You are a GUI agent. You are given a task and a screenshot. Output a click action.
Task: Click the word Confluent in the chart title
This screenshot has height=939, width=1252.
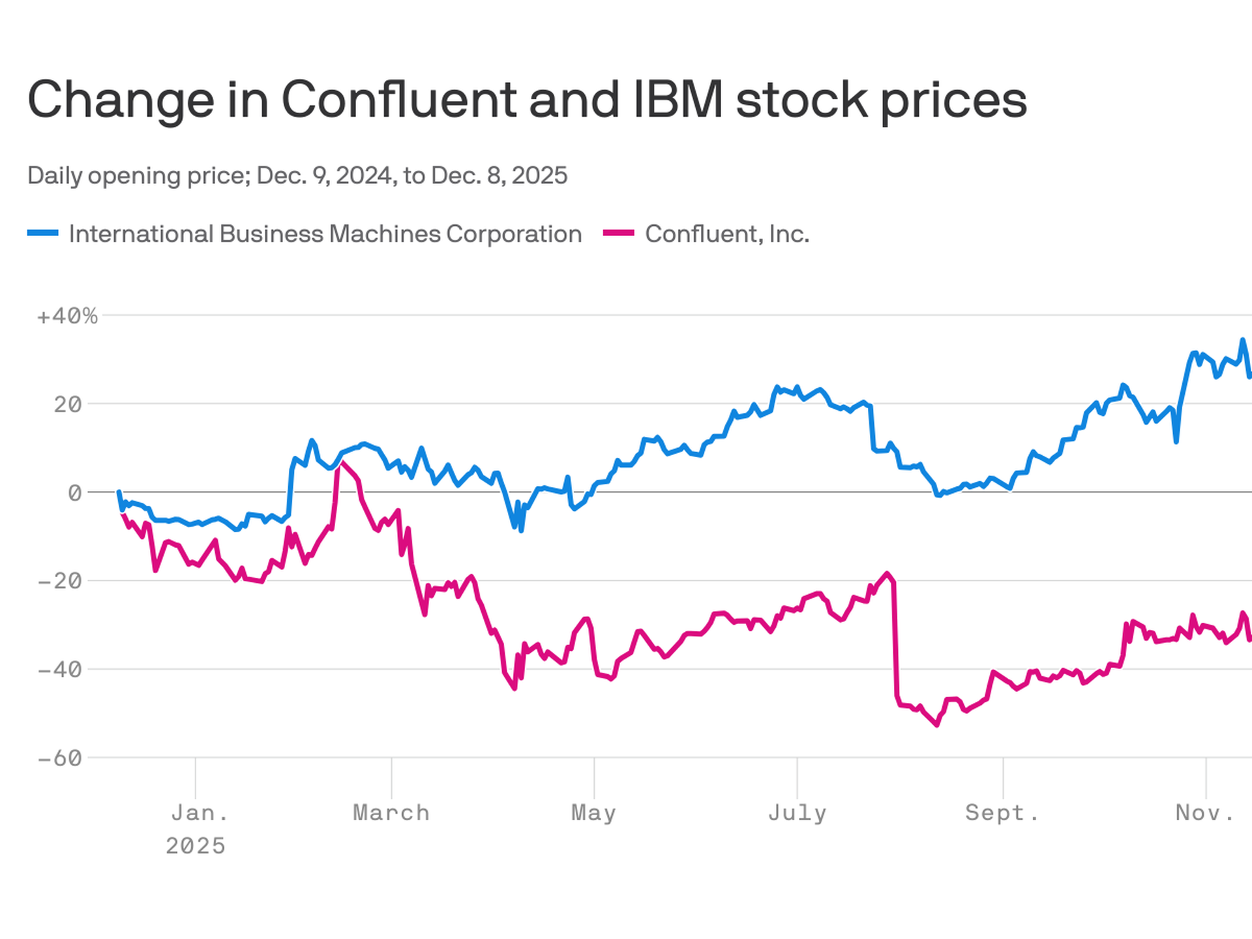398,100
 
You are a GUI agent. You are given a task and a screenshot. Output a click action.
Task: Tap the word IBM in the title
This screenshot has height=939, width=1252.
678,100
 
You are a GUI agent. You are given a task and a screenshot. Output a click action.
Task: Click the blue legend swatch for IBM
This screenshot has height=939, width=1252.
43,233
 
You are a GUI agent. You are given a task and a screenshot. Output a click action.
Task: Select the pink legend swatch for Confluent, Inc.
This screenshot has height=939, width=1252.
618,233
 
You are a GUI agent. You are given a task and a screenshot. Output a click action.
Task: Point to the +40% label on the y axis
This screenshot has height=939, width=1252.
67,316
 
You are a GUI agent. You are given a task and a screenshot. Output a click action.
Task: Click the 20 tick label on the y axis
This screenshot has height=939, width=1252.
68,405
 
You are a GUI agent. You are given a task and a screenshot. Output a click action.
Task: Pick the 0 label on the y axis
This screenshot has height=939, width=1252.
75,493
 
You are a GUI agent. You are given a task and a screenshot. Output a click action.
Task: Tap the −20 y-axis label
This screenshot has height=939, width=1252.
60,581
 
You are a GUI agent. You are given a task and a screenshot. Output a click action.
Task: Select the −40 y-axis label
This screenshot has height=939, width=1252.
60,670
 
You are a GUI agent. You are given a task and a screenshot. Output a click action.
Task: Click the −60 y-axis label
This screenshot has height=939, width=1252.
60,758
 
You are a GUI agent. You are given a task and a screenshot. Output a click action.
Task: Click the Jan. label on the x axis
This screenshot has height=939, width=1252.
200,813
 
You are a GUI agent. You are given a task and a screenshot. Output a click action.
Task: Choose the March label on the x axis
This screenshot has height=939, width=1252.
391,813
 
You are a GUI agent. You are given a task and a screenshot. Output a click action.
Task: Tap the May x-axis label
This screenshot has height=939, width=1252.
593,813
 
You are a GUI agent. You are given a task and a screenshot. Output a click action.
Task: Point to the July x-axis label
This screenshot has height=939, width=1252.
797,813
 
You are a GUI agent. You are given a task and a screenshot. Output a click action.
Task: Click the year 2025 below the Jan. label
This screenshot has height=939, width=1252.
195,846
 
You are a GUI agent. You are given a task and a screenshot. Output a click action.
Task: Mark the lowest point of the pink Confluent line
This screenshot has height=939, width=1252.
937,724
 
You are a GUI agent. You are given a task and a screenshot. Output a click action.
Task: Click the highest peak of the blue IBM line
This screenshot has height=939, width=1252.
1242,340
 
